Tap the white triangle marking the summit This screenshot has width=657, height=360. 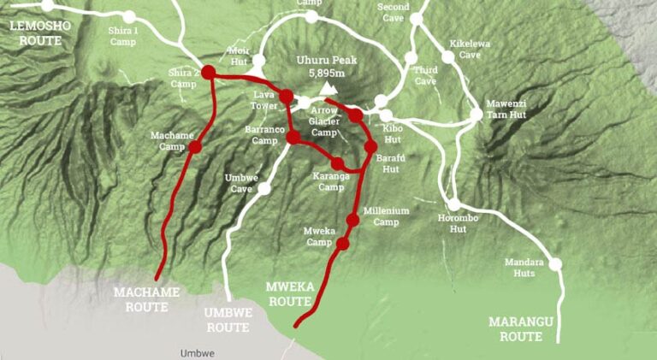tap(328, 88)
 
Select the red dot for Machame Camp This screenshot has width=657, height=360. tap(195, 146)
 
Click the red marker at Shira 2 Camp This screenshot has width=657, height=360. tap(208, 73)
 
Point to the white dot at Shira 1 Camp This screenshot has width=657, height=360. tap(129, 17)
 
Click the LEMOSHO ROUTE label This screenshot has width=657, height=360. tap(37, 32)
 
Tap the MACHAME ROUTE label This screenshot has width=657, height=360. tap(146, 298)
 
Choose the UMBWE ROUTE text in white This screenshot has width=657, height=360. tap(228, 319)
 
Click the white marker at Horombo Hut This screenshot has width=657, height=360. tap(454, 205)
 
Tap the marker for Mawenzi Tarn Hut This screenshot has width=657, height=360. tap(476, 114)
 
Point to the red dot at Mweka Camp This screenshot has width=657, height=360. tap(343, 244)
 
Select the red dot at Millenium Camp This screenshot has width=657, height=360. tap(352, 220)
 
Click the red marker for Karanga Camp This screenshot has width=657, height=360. tap(338, 163)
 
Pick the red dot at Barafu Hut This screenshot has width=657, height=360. tap(370, 146)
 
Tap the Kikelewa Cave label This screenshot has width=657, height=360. tap(465, 49)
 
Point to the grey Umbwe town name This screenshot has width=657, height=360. tap(198, 352)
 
